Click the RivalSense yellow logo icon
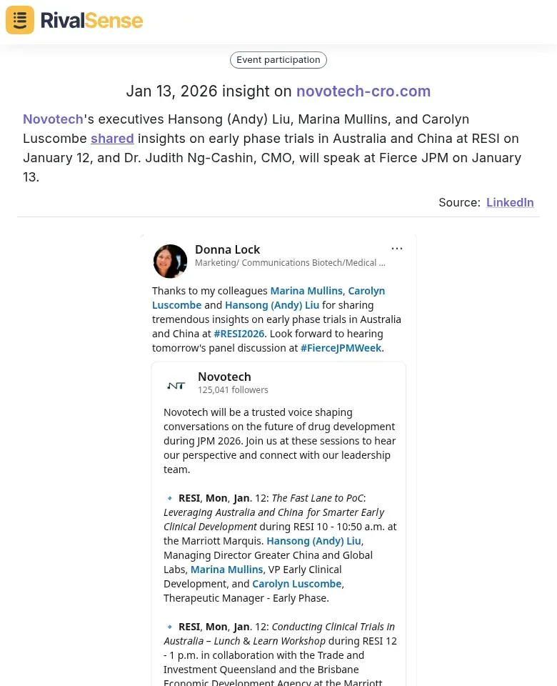(20, 20)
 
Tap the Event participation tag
(278, 60)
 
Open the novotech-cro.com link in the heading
(363, 91)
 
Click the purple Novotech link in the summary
(53, 119)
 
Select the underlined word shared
(112, 139)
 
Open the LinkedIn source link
(510, 202)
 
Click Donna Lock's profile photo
(170, 261)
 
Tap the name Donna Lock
(227, 249)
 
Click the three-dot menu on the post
(397, 249)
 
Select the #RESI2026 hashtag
(239, 334)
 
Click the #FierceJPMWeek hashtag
(341, 348)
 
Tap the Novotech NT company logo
(176, 385)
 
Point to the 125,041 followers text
(233, 390)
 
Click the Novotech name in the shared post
(224, 377)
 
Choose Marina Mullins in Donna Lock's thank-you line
(306, 291)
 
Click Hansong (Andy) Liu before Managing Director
(314, 541)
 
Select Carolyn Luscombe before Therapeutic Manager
(297, 584)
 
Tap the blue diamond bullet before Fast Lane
(169, 498)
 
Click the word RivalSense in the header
(91, 20)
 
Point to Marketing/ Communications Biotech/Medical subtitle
(290, 263)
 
